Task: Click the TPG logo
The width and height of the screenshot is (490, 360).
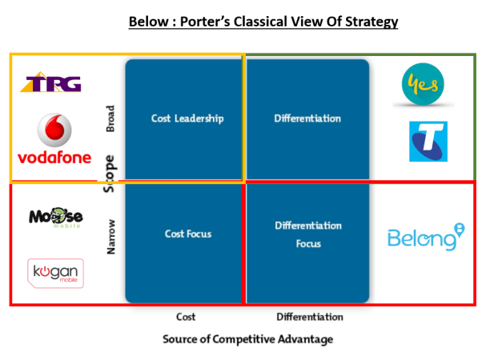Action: click(x=50, y=82)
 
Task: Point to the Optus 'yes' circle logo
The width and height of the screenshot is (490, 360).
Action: click(x=423, y=84)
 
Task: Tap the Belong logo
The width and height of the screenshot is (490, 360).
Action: click(x=425, y=238)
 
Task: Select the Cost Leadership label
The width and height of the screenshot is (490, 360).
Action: click(x=187, y=118)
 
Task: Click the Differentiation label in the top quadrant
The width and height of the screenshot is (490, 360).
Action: click(x=307, y=118)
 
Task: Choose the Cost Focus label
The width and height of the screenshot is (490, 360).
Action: click(x=187, y=234)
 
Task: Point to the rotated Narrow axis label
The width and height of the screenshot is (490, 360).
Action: click(x=110, y=236)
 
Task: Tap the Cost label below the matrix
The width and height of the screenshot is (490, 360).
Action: click(x=186, y=317)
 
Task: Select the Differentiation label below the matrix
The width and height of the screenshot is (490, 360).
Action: click(x=308, y=317)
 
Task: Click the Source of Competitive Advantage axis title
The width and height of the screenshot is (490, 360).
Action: click(x=247, y=338)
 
